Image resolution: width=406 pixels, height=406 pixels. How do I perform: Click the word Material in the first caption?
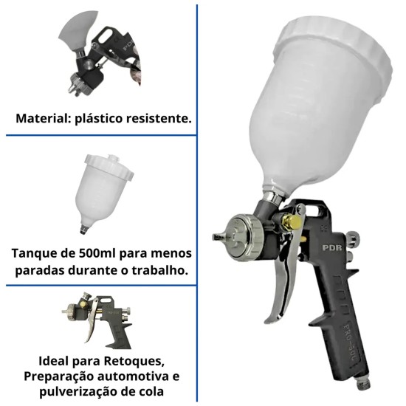pyautogui.click(x=40, y=118)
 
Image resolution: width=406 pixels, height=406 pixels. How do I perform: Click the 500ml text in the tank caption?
pyautogui.click(x=87, y=253)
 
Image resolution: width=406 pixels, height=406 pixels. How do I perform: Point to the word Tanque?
pyautogui.click(x=33, y=253)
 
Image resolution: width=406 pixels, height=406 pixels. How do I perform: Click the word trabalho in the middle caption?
pyautogui.click(x=159, y=270)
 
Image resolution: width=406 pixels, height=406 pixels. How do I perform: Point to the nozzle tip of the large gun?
pyautogui.click(x=219, y=236)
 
